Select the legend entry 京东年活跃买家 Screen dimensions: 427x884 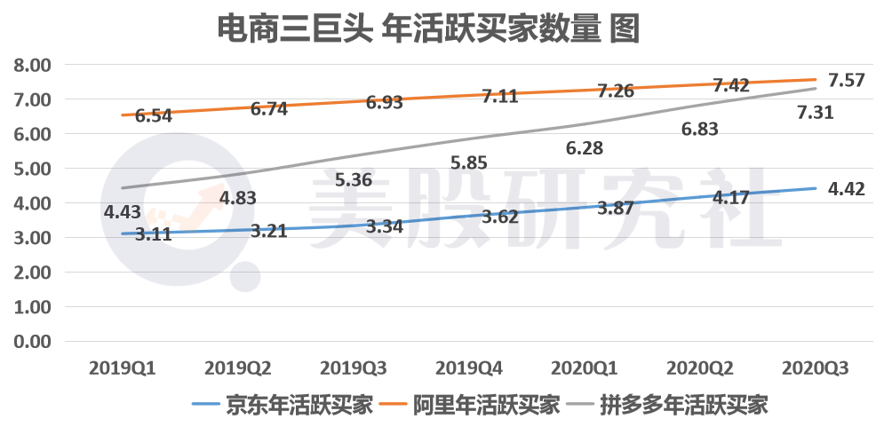pos(288,405)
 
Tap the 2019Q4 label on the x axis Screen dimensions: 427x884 pos(469,368)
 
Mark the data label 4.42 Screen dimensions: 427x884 pos(847,188)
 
